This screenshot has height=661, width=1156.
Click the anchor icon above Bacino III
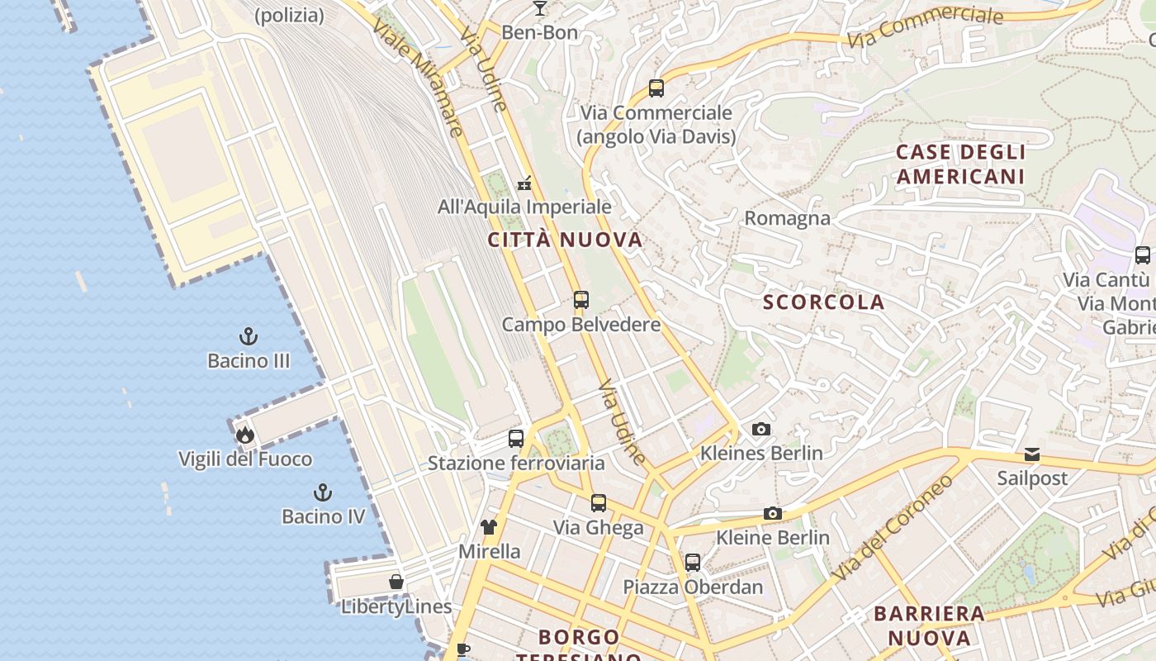tap(248, 336)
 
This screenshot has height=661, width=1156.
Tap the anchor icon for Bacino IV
tap(323, 493)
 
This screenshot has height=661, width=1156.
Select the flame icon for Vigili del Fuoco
tap(244, 435)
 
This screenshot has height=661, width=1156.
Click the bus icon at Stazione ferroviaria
tap(516, 439)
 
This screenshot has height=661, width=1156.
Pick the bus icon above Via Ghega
tap(599, 502)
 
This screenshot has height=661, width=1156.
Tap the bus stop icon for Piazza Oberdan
tap(693, 563)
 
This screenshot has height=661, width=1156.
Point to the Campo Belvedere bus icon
tap(581, 300)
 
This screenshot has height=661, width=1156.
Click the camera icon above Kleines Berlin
tap(761, 429)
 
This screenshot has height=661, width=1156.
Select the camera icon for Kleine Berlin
tap(773, 514)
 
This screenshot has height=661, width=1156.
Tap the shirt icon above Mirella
tap(489, 527)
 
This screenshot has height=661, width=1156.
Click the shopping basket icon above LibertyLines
tap(396, 582)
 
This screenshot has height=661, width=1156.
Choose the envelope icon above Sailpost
tap(1032, 454)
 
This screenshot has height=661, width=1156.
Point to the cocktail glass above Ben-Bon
tap(540, 8)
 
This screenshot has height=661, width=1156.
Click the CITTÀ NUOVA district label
tap(565, 240)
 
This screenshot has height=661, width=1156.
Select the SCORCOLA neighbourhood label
tap(823, 302)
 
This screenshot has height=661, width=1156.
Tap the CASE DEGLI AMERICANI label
tap(960, 164)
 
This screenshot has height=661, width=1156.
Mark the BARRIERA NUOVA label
tap(929, 625)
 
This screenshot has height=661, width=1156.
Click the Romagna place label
tap(787, 218)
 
